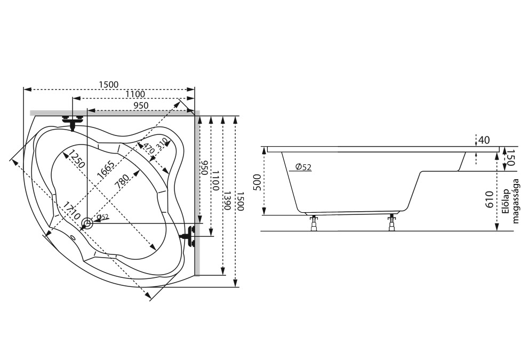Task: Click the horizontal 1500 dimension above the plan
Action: coord(108,84)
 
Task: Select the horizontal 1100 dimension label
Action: coord(135,94)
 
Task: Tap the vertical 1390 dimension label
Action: coord(228,199)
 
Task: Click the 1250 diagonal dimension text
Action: coord(74,161)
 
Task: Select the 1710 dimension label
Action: coord(70,212)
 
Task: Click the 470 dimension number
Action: coord(149,147)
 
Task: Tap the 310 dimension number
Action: coord(162,142)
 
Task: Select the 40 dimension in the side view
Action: coord(484,140)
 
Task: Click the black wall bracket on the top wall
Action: coord(73,121)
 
